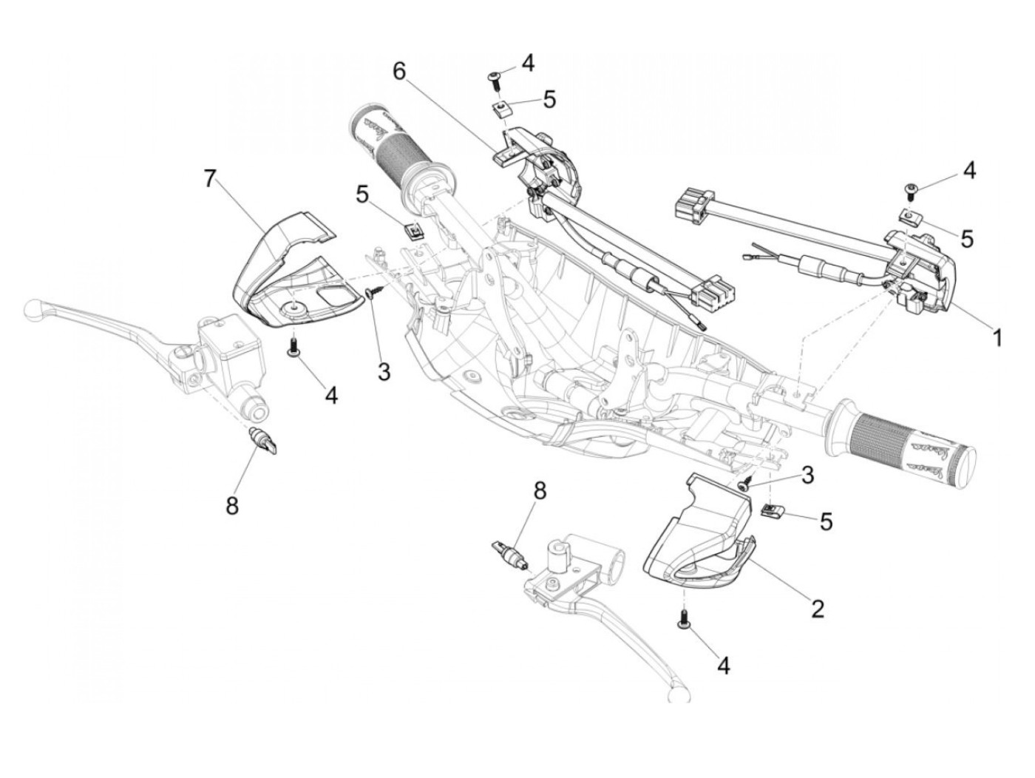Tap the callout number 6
click(x=399, y=71)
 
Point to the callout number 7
click(x=211, y=179)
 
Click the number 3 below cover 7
click(x=383, y=372)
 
